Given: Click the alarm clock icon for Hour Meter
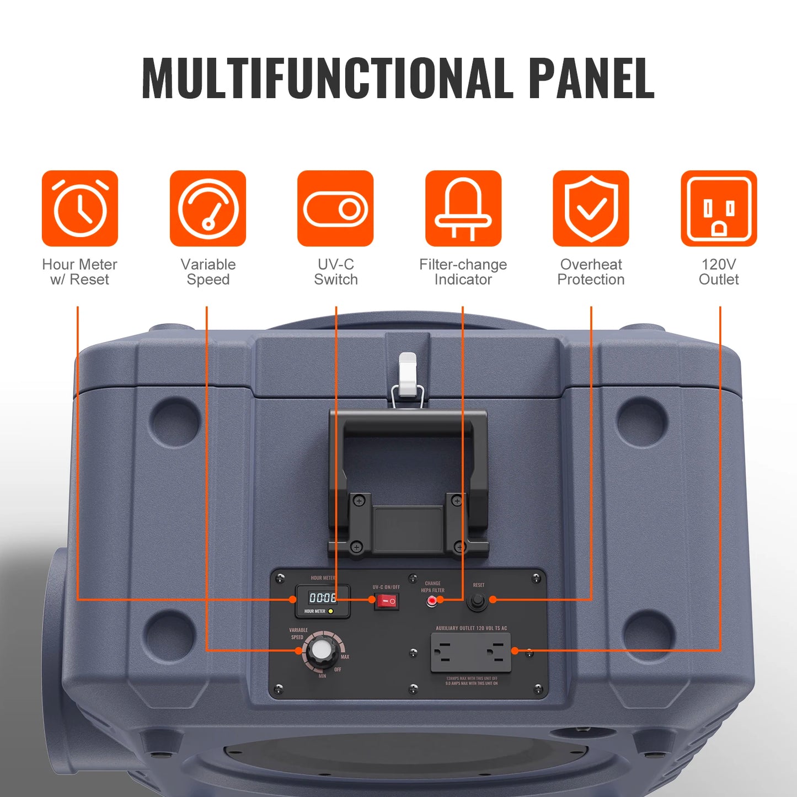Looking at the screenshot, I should point(80,208).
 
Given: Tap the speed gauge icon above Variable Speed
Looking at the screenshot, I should point(208,208).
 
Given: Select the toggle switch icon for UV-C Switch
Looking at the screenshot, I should point(335,208).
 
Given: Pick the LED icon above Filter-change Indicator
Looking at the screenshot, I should point(463,208).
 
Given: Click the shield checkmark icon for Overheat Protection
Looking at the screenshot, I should point(591,208).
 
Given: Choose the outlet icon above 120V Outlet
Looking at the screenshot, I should point(719,208).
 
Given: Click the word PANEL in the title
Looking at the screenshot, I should point(591,78).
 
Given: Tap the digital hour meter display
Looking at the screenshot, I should point(323,598).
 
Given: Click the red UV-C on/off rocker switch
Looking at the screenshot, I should point(386,601).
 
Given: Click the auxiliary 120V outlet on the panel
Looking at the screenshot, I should point(470,652).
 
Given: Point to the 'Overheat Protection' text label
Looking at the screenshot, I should point(591,272).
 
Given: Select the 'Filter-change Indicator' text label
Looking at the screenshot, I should point(463,272).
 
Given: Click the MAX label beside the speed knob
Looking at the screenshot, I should point(345,657).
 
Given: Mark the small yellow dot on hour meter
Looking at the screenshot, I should point(330,611).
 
